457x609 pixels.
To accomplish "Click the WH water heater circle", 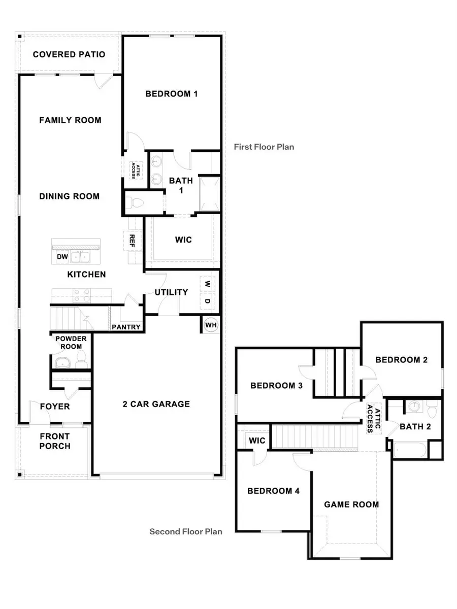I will tap(210, 324).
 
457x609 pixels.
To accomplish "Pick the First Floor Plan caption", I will tap(264, 147).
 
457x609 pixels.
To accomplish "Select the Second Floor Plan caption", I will tap(186, 532).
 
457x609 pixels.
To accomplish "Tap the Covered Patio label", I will tap(69, 54).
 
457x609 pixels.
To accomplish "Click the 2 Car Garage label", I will tap(156, 404).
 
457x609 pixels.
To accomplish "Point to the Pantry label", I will tap(126, 327).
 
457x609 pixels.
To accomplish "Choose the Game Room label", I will tap(351, 504).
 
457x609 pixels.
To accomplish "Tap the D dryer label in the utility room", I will tap(207, 301).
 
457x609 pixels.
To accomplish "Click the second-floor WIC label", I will tap(257, 440).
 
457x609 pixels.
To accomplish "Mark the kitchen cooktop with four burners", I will tap(82, 295).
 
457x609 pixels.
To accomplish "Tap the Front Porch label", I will tap(55, 441).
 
